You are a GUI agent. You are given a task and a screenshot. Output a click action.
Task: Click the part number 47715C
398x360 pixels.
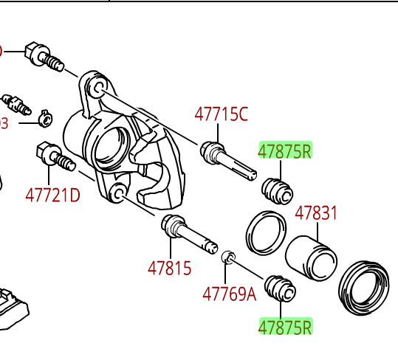coord(222,114)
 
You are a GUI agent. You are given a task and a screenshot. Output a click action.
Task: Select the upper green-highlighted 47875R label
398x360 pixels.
coord(285,151)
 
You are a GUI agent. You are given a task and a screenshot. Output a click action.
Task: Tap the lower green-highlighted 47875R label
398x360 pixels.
coord(285,327)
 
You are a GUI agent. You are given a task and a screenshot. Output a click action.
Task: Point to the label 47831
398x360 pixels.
coord(316,214)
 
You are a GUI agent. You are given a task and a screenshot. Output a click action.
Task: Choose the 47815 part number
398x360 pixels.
coord(169,268)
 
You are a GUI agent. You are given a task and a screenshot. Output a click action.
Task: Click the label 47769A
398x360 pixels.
coord(229,294)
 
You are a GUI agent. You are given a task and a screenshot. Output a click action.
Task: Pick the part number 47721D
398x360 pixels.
coord(52,195)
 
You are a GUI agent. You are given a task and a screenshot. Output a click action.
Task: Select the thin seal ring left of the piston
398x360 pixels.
coord(266,232)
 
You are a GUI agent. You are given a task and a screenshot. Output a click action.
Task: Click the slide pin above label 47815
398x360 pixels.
coord(188,232)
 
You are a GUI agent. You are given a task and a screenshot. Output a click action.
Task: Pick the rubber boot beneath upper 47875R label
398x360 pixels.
coord(278,190)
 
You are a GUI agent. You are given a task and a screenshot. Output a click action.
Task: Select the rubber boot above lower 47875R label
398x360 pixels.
coord(281,288)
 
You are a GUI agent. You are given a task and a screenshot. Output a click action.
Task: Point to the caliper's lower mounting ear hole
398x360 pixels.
coord(116,195)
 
